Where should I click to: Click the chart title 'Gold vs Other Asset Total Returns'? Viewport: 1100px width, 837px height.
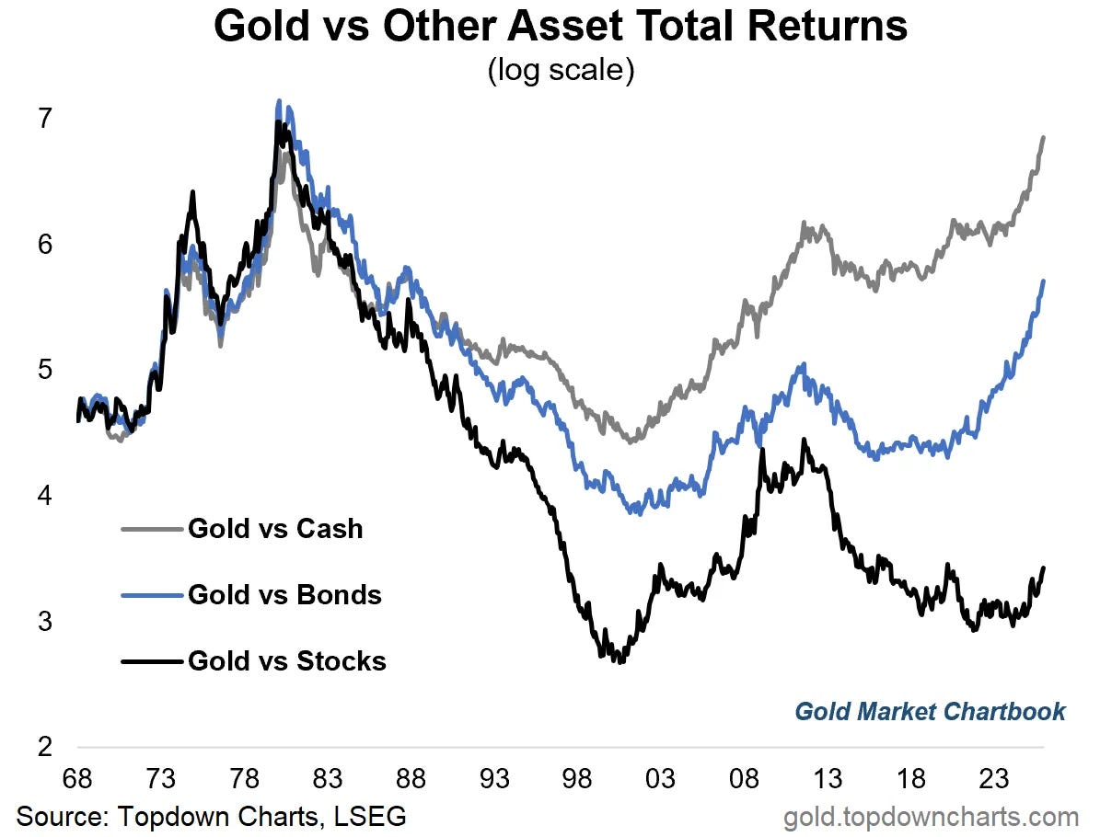[x=561, y=28]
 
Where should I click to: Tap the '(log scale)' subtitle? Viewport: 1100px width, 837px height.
[x=561, y=71]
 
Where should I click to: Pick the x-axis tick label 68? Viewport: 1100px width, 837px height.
[x=77, y=780]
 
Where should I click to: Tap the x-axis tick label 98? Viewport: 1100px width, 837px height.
[x=578, y=780]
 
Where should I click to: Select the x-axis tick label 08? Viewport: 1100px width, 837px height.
[x=745, y=780]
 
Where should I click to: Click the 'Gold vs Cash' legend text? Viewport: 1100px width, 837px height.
[x=275, y=529]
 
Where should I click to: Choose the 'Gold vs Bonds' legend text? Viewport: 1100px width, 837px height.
[x=284, y=595]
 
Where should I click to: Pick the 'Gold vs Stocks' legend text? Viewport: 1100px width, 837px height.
[x=286, y=660]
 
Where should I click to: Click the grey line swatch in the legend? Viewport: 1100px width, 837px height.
[x=152, y=529]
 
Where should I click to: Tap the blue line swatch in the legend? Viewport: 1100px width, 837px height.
[x=152, y=595]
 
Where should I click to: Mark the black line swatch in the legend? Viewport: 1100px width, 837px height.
[x=152, y=660]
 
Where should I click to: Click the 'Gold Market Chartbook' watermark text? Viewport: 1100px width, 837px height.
[x=930, y=711]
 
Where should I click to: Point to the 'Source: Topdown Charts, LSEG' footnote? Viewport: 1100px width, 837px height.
[x=211, y=816]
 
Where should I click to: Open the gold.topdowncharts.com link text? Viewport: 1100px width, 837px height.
[x=931, y=817]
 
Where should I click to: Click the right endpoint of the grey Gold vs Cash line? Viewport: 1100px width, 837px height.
[x=1044, y=137]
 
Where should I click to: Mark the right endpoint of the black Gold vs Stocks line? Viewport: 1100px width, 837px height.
[x=1044, y=568]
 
